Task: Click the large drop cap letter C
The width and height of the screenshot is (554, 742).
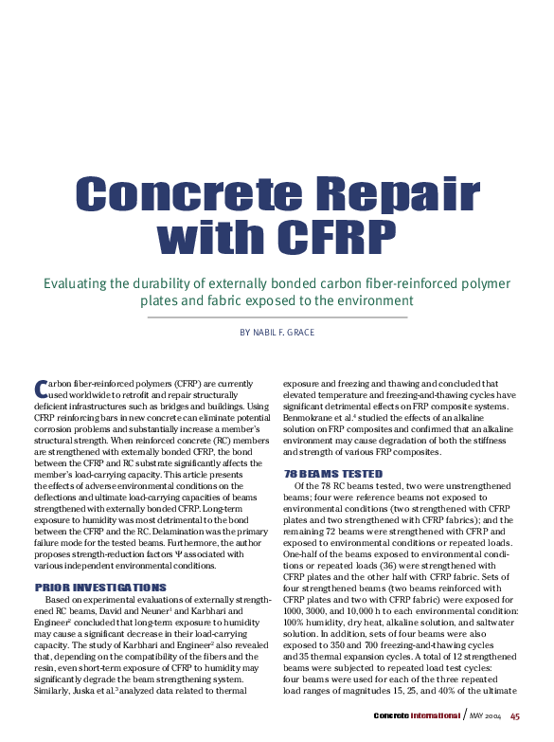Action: (x=40, y=389)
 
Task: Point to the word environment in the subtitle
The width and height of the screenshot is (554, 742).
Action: (x=372, y=301)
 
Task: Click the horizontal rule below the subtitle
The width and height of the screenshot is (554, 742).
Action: (x=277, y=317)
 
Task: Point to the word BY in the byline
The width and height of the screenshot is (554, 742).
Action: (x=245, y=332)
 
